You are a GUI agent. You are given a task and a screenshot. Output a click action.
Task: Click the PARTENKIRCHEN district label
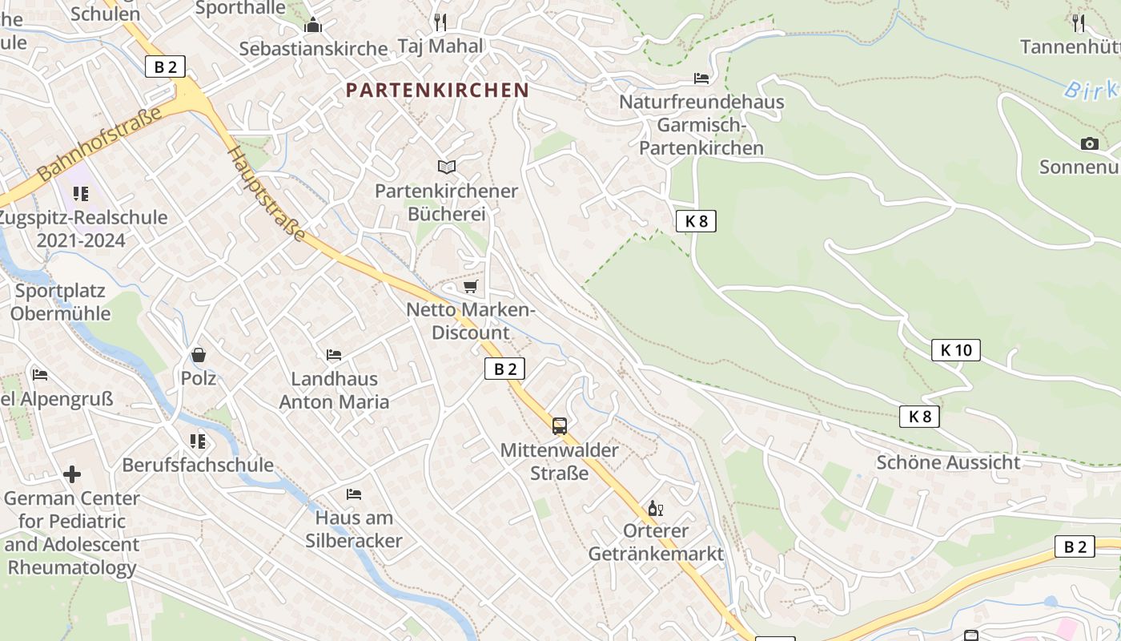coord(437,90)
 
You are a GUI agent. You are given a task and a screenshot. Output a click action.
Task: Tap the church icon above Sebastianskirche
coord(313,26)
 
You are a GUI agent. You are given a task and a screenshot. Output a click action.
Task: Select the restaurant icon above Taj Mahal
coord(440,22)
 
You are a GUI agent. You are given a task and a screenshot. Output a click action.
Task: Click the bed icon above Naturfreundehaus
coord(701,79)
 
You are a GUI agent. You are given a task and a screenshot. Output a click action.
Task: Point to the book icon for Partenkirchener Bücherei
coord(447,167)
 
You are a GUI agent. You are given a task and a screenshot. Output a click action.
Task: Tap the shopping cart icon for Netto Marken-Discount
coord(471,286)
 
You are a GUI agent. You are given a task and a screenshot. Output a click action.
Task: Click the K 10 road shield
coord(955,350)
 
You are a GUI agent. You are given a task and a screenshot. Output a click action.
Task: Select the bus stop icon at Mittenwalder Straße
coord(560,425)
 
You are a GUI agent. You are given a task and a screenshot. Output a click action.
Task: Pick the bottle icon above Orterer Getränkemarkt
coord(655,508)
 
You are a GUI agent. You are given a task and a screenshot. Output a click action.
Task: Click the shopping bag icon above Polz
coord(198,354)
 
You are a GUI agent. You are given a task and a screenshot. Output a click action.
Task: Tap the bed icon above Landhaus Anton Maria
coord(334,355)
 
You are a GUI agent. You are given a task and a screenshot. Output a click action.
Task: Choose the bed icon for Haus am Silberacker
coord(353,494)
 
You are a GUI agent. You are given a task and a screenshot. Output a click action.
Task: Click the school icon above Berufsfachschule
coord(198,441)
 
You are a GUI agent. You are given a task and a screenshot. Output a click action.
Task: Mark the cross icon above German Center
coord(72,474)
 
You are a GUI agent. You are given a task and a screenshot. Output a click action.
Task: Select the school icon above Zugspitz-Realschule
coord(81,193)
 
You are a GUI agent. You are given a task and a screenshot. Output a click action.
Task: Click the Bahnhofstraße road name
coord(99,143)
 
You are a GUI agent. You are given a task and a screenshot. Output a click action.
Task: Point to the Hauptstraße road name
coord(267,193)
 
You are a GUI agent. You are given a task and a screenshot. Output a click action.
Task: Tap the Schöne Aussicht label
coord(948,462)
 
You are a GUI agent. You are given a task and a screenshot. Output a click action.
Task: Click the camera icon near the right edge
coord(1089,144)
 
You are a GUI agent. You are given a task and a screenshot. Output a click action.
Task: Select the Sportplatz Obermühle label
coord(61,302)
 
